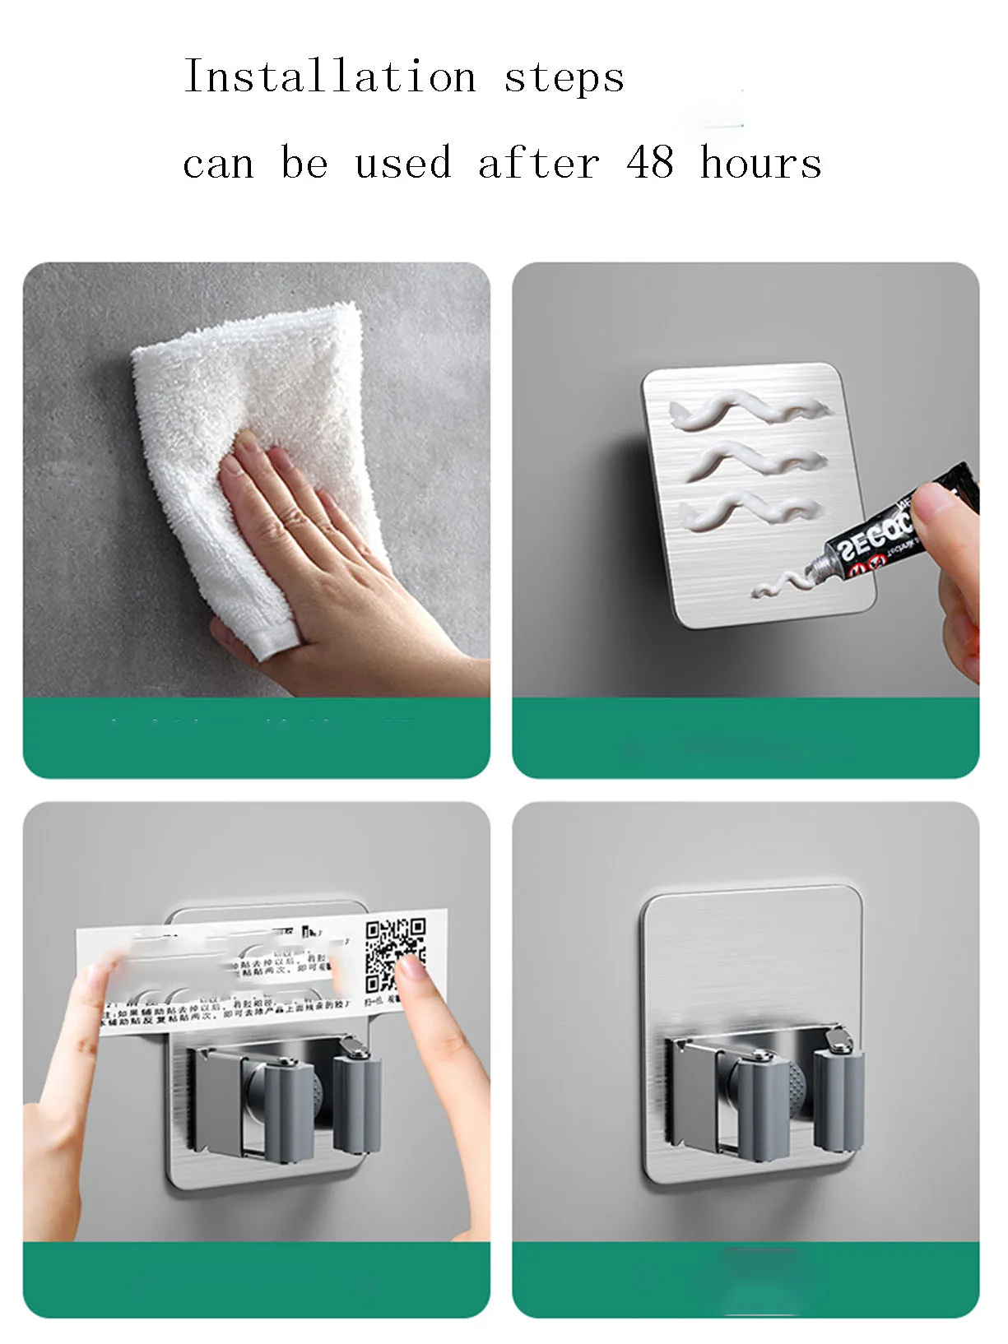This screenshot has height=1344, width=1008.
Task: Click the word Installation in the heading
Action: coord(330,77)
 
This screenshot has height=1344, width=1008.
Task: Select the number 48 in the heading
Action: coord(650,161)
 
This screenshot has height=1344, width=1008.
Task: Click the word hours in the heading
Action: coord(761,163)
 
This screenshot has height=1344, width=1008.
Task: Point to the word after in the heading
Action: coord(539,161)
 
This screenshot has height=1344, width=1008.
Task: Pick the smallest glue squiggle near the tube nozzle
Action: coord(786,585)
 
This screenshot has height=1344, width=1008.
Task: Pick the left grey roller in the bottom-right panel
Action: coord(762,1110)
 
